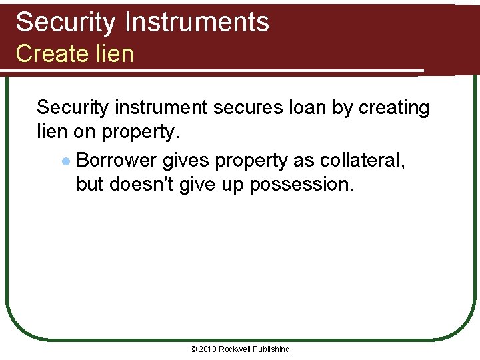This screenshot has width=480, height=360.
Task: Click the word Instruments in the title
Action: click(x=197, y=22)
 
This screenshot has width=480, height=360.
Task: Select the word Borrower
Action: click(x=117, y=161)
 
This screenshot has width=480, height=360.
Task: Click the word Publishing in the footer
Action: click(x=271, y=349)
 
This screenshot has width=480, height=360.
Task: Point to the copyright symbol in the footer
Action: click(x=194, y=349)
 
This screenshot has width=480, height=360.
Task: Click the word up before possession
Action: click(x=233, y=184)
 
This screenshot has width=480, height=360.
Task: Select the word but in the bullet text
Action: click(x=90, y=184)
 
